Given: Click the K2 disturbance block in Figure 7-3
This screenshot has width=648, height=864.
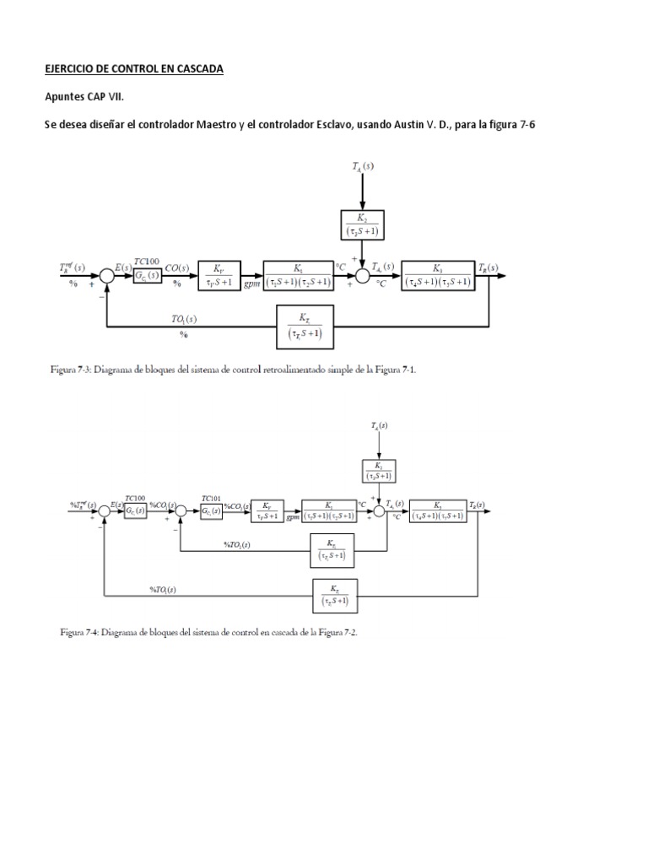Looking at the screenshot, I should pos(362,224).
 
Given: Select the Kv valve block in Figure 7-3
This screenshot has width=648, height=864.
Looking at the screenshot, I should pos(219,275).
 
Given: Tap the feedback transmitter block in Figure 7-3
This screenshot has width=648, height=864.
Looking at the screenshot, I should pos(305,325).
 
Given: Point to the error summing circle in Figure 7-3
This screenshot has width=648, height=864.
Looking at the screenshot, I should pos(107,275).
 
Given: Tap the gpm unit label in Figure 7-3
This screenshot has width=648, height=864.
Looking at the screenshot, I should pos(251,287).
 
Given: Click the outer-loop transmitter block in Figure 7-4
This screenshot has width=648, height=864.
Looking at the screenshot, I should pos(335,596).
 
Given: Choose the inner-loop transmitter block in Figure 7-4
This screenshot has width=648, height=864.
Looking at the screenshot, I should pos(332,551).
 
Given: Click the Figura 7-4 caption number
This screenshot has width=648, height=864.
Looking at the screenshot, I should pos(94,633).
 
